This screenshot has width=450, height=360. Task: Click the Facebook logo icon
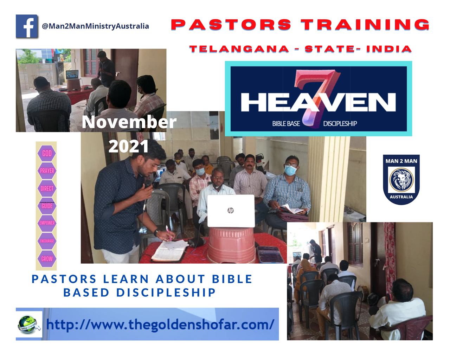[x=27, y=26]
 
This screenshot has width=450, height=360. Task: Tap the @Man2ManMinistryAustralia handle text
[x=95, y=26]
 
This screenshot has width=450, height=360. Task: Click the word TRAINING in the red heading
[x=365, y=25]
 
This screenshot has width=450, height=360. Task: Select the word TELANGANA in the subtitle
[x=239, y=49]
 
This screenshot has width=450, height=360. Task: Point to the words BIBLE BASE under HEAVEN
[x=286, y=124]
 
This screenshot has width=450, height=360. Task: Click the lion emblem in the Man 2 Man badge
[x=401, y=180]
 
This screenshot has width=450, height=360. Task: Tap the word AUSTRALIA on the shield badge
[x=401, y=197]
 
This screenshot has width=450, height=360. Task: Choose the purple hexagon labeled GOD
[x=47, y=153]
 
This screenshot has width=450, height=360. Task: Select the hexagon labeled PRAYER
[x=47, y=171]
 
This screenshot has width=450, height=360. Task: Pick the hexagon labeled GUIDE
[x=47, y=206]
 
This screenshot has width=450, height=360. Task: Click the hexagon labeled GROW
[x=47, y=259]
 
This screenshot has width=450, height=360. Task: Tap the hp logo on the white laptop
[x=230, y=210]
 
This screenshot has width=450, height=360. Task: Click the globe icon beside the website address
[x=28, y=324]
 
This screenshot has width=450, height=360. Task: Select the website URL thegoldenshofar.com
[x=160, y=324]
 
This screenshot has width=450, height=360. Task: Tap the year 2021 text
[x=129, y=146]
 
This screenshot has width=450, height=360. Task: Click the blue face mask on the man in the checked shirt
[x=290, y=170]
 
